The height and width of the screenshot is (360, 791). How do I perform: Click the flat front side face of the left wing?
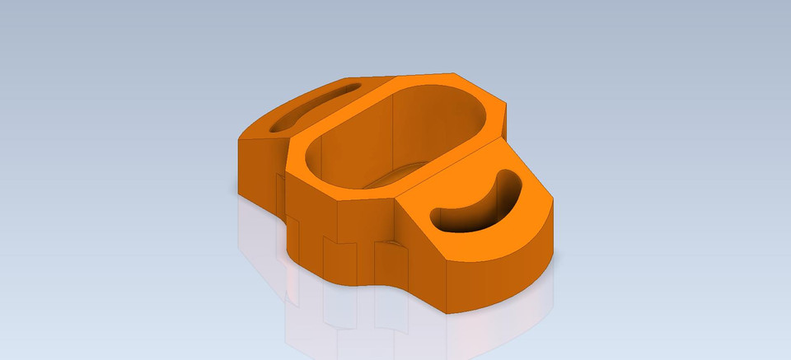256,169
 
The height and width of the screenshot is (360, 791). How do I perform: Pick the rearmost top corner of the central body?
452,73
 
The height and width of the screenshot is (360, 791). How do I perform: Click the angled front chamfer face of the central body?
313,222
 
